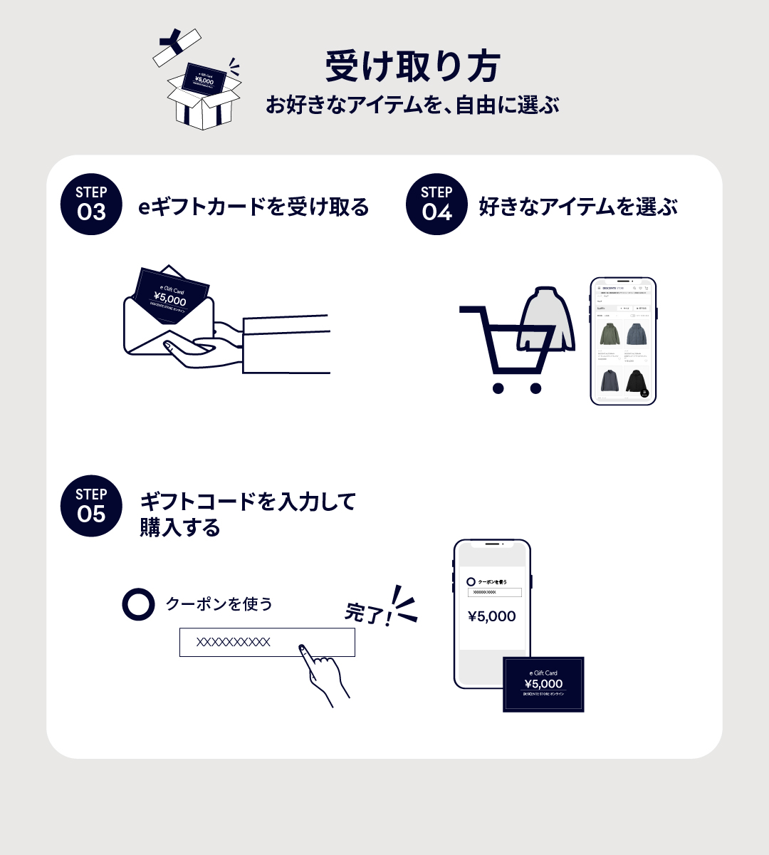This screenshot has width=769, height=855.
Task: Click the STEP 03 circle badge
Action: click(x=91, y=204)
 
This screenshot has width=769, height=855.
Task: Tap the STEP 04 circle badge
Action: click(x=436, y=204)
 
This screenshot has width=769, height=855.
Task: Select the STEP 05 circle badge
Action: click(x=91, y=506)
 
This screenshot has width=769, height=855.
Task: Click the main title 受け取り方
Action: click(x=413, y=68)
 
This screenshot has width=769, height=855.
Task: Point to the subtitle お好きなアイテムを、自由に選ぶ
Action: click(x=412, y=105)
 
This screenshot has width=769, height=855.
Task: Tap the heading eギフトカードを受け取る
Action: click(x=253, y=207)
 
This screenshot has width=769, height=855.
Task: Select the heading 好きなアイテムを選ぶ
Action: click(x=577, y=207)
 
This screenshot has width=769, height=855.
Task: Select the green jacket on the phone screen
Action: click(x=610, y=333)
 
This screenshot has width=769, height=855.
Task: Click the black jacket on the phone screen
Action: click(x=636, y=381)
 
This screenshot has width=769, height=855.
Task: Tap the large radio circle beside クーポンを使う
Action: click(x=138, y=604)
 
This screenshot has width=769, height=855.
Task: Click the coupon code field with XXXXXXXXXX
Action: click(x=266, y=642)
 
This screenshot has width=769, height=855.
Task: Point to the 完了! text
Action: click(x=367, y=613)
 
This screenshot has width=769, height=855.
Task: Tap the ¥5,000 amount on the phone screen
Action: click(x=492, y=616)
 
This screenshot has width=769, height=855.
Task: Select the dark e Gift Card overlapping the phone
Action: click(x=543, y=684)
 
